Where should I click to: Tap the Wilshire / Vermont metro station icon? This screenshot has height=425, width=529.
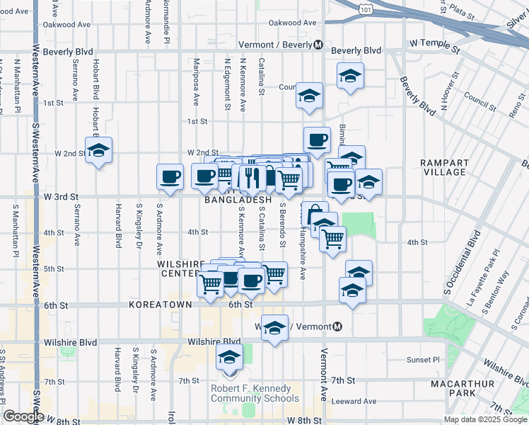[337, 327]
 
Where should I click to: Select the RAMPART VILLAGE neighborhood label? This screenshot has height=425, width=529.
[444, 167]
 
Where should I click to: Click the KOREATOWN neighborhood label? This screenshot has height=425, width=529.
[161, 305]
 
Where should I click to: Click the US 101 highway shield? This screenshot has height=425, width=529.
[364, 10]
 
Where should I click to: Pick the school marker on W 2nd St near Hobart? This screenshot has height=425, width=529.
[99, 151]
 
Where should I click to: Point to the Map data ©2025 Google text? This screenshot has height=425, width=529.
[485, 419]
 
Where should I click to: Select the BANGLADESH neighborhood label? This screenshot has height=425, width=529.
[238, 200]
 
